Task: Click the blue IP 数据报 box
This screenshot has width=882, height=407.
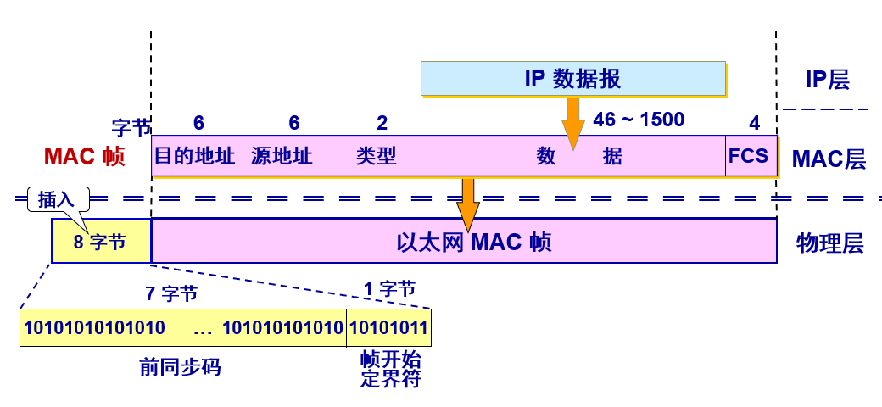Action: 572,79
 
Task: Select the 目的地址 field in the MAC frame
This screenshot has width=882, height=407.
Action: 197,156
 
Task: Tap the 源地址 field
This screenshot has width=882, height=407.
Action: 287,156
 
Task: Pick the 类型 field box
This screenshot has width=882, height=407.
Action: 377,156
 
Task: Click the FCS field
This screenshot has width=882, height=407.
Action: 750,156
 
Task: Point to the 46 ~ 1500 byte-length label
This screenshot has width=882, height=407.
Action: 639,120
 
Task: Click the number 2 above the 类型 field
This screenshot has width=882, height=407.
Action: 382,124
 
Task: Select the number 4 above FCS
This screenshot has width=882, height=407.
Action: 754,124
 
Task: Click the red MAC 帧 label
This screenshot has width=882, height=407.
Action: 84,157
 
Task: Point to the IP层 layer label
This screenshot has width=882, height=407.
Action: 827,80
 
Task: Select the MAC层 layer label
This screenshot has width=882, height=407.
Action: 829,159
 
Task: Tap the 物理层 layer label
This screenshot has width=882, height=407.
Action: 829,244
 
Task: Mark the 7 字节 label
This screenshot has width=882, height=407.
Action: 171,294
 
